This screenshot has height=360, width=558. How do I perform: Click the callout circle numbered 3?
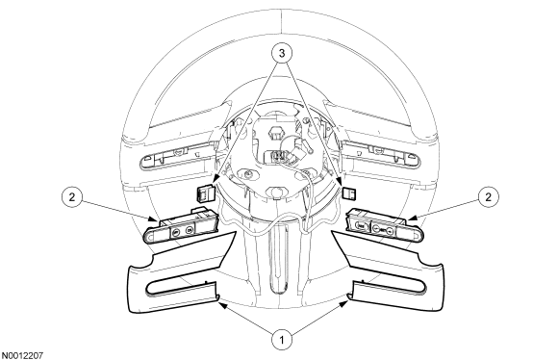282,54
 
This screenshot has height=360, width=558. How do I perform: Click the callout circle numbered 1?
282,340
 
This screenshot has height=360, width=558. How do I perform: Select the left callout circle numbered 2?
72,197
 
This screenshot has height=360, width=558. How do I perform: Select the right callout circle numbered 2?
488,197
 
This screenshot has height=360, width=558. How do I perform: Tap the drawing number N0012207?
22,355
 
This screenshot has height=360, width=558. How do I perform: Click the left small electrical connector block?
205,193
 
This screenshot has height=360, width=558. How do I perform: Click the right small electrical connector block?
350,193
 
